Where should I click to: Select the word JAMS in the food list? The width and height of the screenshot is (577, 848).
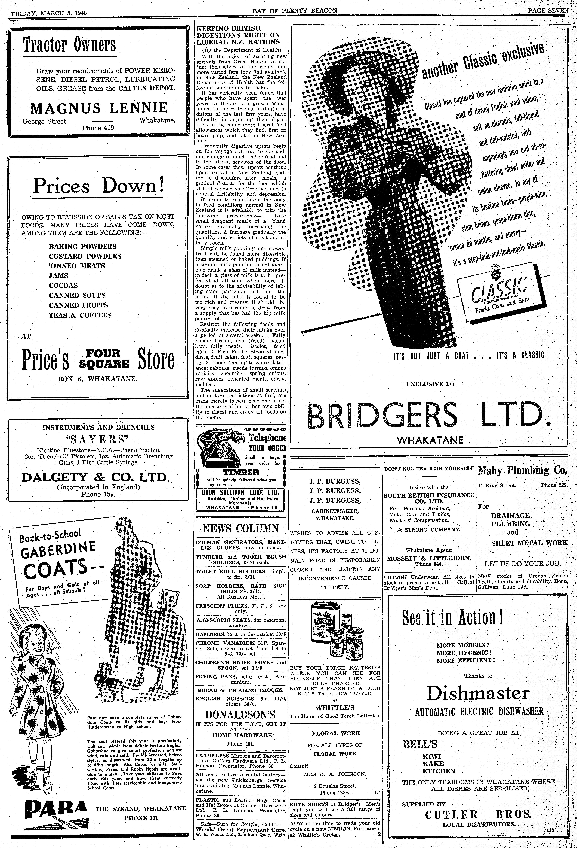point(59,276)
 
